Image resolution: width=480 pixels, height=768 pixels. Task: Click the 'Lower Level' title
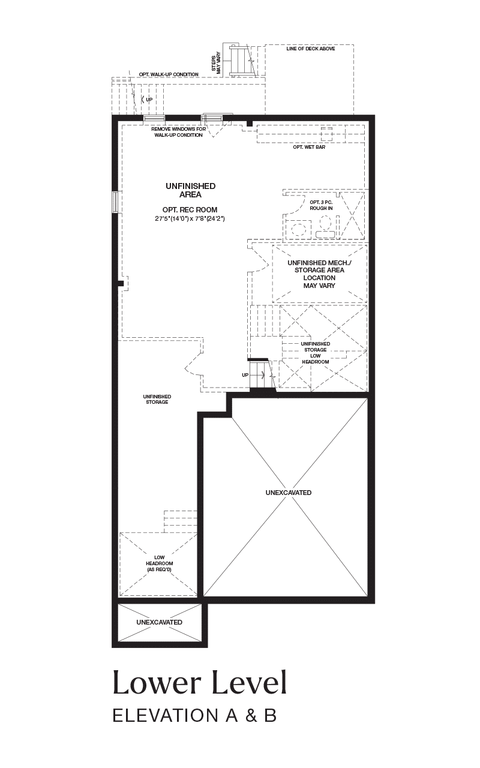point(200,683)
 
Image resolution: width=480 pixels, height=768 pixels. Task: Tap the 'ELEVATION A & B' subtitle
point(195,716)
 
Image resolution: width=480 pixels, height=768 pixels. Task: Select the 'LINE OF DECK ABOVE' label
point(311,49)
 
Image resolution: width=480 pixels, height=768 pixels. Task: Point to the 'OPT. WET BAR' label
point(309,147)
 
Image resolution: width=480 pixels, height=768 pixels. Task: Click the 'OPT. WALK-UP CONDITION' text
point(169,74)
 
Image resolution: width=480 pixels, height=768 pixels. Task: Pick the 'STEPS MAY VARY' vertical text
point(215,62)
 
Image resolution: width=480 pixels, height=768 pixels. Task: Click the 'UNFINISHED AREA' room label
point(191,190)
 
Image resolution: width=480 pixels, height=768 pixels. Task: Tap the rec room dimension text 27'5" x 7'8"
point(190,218)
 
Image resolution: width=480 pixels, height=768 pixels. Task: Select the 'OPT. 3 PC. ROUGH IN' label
point(321,205)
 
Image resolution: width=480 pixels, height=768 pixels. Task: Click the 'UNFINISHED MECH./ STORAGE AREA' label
point(319,266)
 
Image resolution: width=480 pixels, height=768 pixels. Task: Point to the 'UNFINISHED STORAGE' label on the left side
point(157,399)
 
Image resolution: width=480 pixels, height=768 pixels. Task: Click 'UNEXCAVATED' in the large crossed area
point(289,493)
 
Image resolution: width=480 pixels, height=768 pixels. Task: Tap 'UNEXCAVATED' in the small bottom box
point(159,622)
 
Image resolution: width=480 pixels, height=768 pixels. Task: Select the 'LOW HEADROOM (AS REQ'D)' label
point(160,563)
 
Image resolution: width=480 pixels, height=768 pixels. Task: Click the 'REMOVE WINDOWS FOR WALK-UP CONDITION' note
point(179,132)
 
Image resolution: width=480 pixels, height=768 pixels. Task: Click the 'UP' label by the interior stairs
point(245,375)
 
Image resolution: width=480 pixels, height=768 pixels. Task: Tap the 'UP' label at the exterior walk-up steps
point(149,100)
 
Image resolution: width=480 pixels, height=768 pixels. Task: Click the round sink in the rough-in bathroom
point(297,229)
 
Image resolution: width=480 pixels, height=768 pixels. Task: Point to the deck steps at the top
point(239,61)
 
